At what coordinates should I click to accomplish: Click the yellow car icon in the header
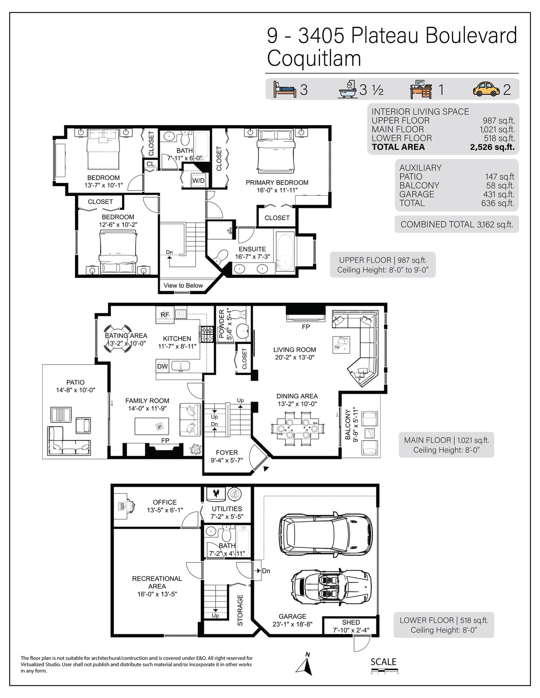pos(486,89)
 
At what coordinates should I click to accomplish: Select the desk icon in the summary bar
pos(421,89)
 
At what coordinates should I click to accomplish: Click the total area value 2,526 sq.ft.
pos(492,147)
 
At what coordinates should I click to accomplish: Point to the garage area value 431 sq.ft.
pos(498,194)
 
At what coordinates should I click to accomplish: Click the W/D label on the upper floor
pos(198,181)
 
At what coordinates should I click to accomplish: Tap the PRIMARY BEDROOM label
pos(277,182)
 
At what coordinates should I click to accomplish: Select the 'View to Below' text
pos(183,285)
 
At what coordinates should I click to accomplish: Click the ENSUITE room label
pos(252,249)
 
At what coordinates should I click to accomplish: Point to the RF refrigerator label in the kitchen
pos(165,315)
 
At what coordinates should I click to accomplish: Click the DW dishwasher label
pos(162,366)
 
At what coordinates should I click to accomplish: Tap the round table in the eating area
pos(117,338)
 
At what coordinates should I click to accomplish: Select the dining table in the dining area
pos(297,429)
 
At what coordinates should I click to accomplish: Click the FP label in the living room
pos(306,327)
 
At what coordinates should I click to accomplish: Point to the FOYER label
pos(227,452)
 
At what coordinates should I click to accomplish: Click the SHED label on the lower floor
pos(351,622)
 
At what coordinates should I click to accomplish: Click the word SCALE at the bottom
pos(383,662)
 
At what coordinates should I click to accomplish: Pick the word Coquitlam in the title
pos(314,58)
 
